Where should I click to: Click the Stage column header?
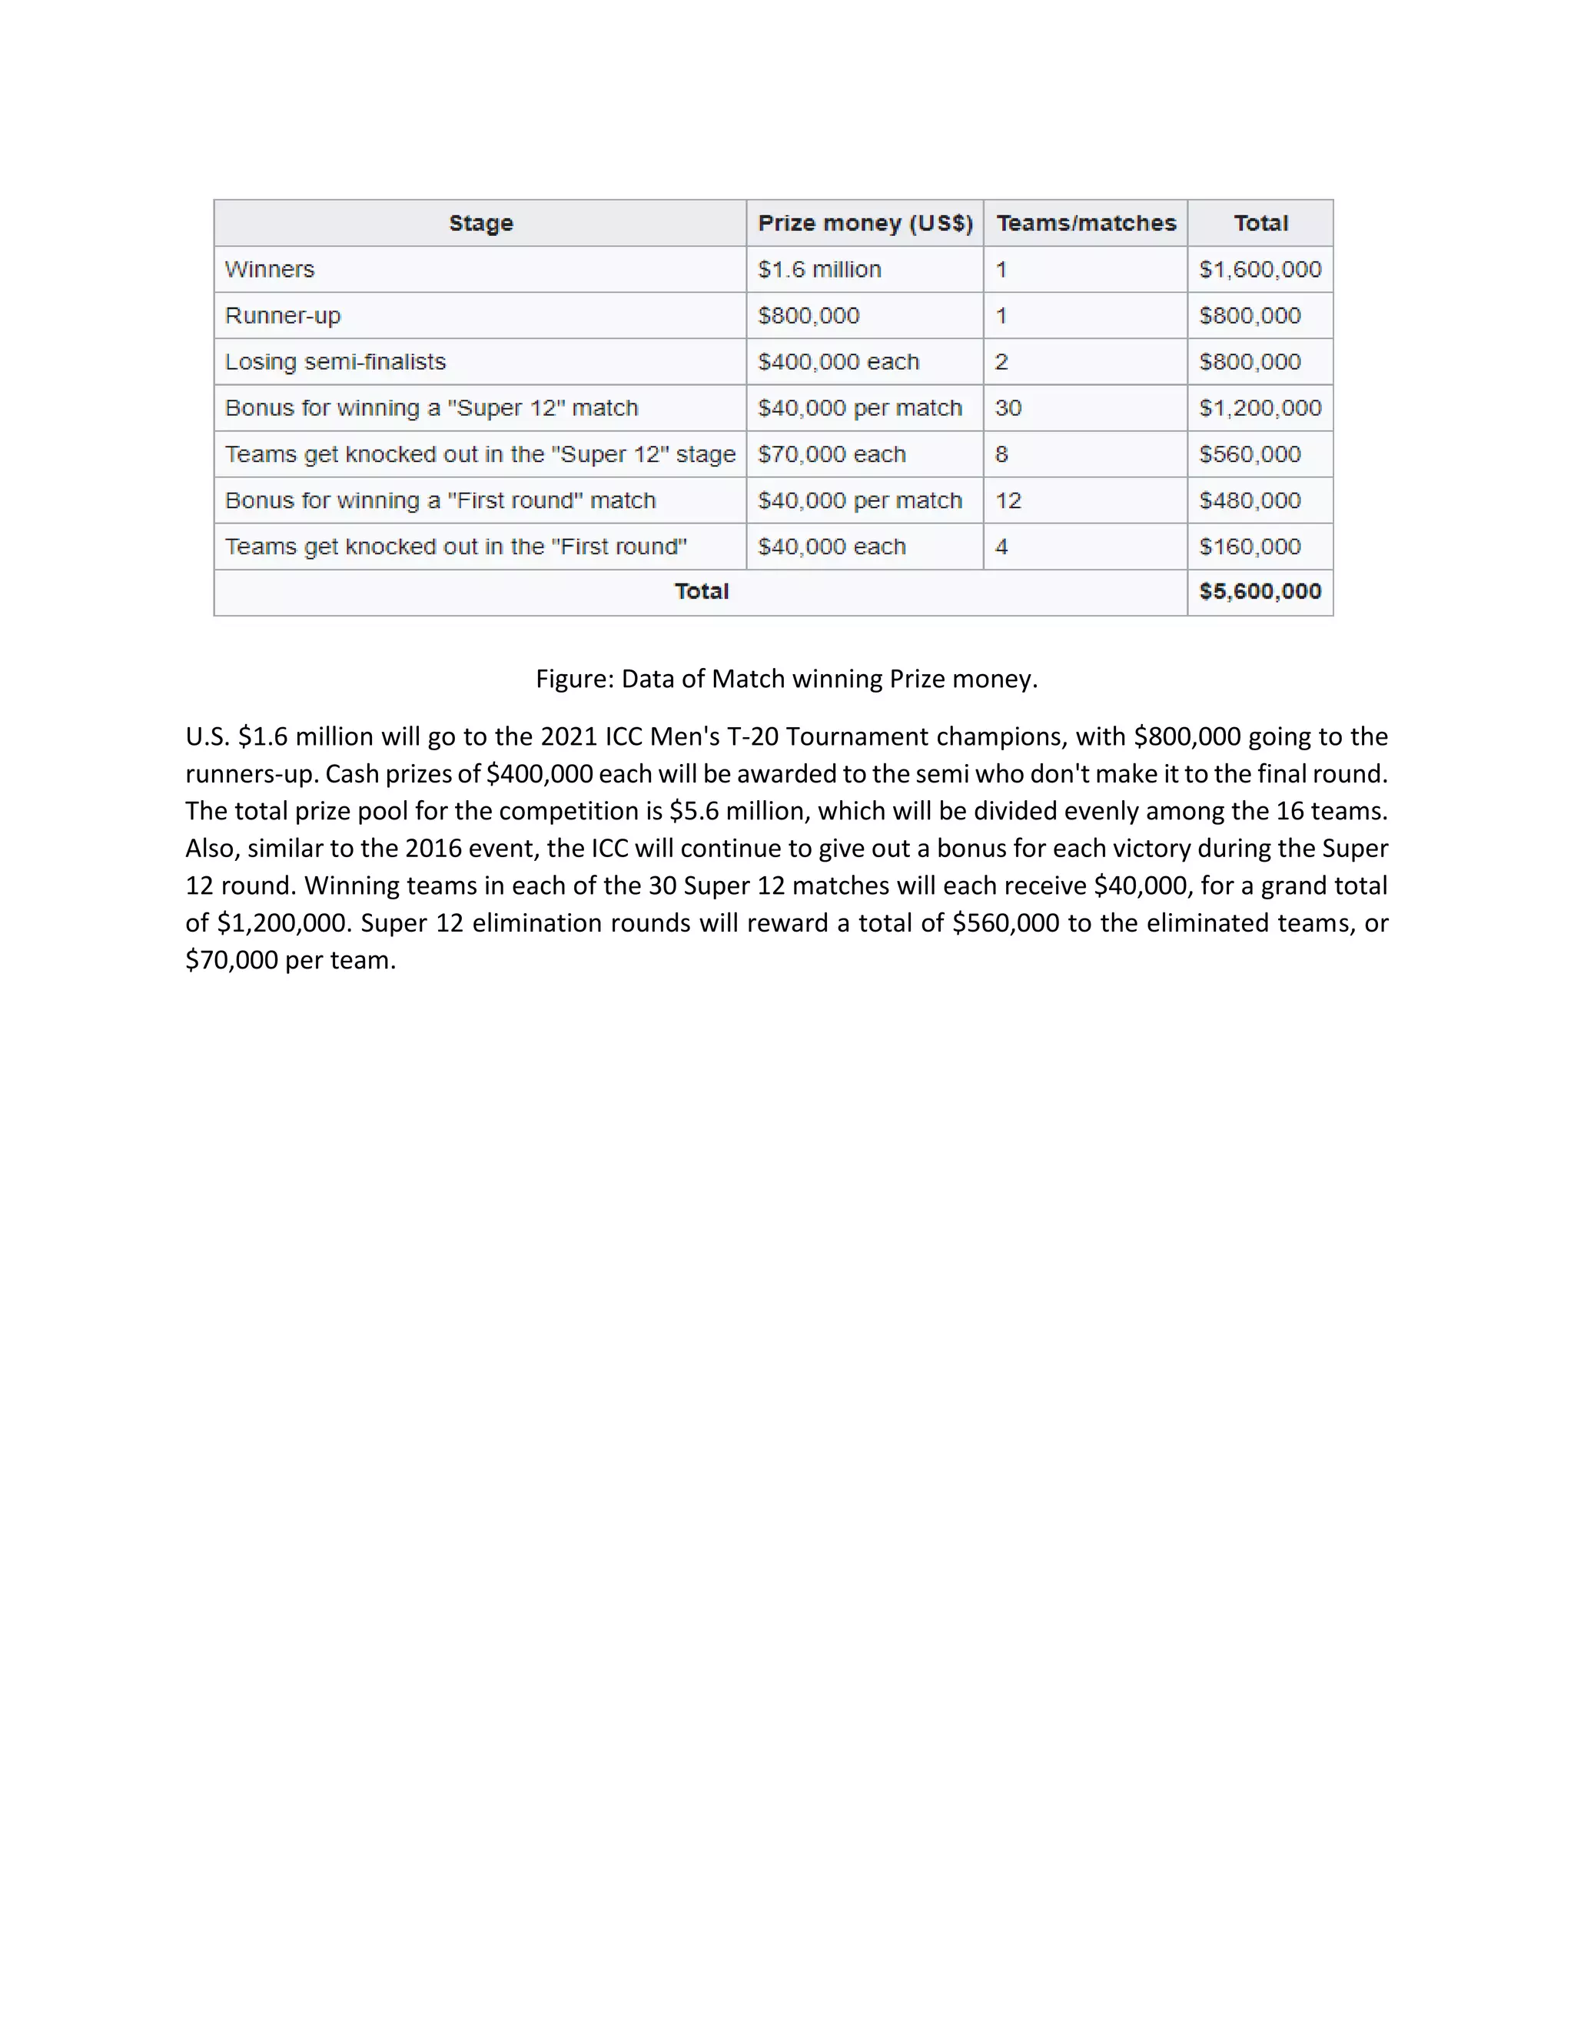click(480, 223)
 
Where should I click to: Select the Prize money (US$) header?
click(865, 223)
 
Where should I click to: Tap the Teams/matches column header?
click(1085, 223)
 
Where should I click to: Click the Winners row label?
click(270, 270)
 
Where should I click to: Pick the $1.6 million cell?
click(819, 270)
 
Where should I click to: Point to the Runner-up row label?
click(283, 315)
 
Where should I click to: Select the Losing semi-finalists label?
click(335, 362)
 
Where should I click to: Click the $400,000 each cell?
click(838, 362)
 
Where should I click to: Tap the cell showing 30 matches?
click(1008, 407)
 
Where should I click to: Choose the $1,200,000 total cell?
click(1260, 407)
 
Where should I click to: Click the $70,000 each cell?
click(831, 454)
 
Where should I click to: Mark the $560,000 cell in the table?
click(1250, 454)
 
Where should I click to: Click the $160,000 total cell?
click(1250, 547)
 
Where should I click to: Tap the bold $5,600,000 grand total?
click(1260, 591)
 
